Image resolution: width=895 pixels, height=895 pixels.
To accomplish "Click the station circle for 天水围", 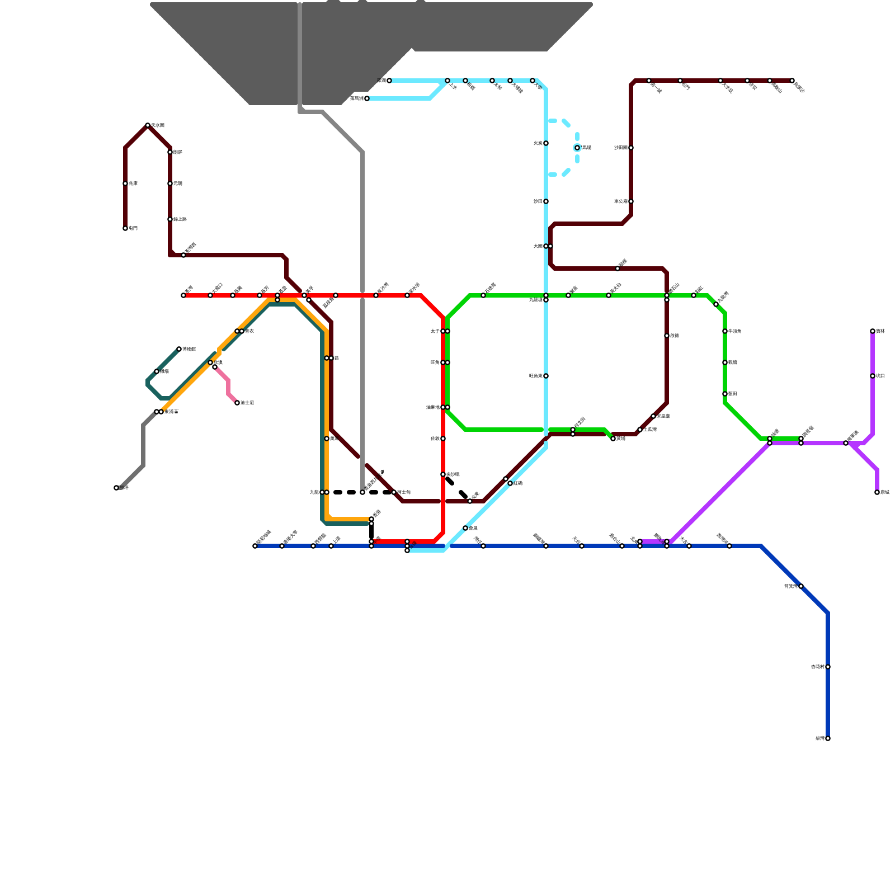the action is pos(148,125).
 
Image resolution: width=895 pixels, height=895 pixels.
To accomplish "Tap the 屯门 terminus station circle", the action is pos(125,228).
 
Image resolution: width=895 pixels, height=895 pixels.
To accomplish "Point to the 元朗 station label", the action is pos(178,183).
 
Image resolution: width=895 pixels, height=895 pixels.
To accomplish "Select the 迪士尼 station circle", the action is pos(237,403).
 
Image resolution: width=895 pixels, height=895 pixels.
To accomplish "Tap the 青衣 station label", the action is pos(250,331).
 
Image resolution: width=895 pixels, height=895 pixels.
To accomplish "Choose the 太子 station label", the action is pos(435,331).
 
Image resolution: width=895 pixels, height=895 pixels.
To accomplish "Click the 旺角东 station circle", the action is pos(546,376).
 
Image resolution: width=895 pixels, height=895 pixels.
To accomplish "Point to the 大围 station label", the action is pos(538,246).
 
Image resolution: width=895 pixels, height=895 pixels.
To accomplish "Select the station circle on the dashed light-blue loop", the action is pos(577,148).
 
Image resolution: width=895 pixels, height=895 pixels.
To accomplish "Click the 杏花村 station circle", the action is pos(828,667).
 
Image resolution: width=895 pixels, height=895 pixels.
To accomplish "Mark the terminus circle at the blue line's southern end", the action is pos(828,738).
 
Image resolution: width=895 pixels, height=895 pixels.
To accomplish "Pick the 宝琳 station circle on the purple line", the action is pos(873,331).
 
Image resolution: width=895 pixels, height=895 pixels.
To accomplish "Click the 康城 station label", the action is pos(885,492).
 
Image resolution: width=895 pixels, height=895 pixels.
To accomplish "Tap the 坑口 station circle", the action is pos(873,376).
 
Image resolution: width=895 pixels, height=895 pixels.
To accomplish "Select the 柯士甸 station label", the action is pos(404,492).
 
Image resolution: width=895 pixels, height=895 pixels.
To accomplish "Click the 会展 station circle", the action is pos(465,528).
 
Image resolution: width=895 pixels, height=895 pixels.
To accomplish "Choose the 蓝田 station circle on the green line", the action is pos(725,394).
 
